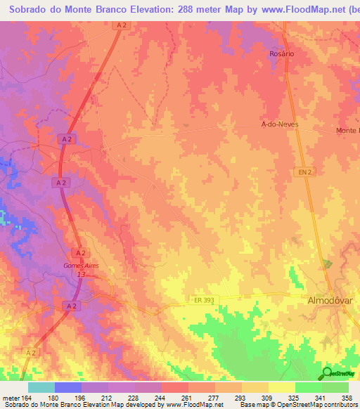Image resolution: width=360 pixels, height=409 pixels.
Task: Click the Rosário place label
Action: (281, 53)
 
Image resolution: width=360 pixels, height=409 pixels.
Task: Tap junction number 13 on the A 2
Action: (81, 275)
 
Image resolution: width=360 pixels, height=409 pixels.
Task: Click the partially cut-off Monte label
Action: (347, 131)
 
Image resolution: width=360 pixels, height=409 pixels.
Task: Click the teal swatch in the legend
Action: (41, 387)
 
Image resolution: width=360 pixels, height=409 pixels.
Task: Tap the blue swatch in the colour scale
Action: (68, 387)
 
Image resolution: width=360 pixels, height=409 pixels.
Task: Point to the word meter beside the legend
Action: (11, 397)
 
